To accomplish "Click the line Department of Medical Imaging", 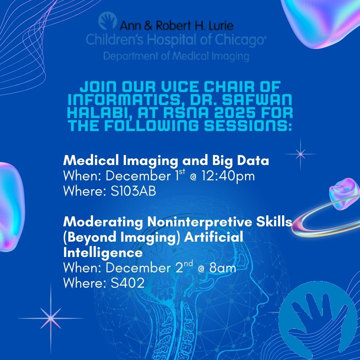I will point(176,55).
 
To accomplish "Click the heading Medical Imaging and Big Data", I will point(166,161).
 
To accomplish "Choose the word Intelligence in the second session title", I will point(103,253).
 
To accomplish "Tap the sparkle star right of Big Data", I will point(301,153).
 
